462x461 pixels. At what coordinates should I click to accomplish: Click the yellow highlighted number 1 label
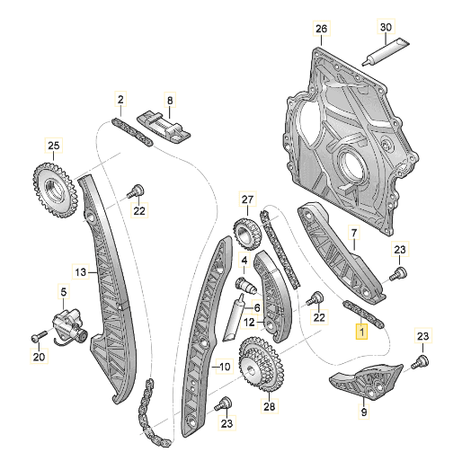(361, 332)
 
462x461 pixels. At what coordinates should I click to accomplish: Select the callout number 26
(320, 30)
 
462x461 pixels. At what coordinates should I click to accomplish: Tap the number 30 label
(385, 30)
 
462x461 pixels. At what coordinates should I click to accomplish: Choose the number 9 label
(363, 412)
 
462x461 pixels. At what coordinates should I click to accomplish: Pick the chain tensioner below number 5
(69, 326)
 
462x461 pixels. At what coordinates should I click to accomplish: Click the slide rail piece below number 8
(164, 126)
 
